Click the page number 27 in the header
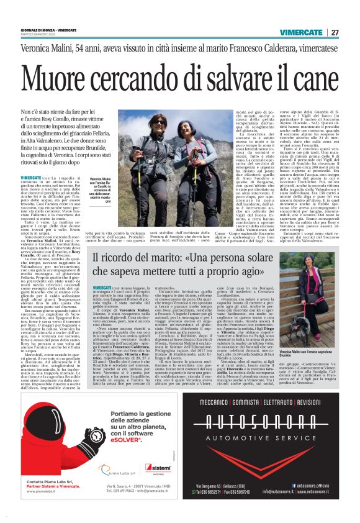tap(334, 32)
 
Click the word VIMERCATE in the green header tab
tap(300, 32)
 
